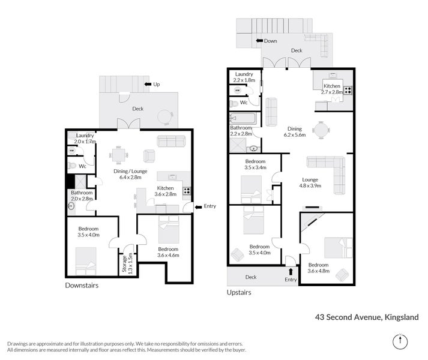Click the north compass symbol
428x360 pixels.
(x=400, y=341)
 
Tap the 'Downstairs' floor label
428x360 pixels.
(x=81, y=286)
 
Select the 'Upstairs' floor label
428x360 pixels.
(x=239, y=293)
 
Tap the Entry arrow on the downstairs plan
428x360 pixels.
(x=198, y=206)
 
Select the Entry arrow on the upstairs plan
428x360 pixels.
(x=291, y=271)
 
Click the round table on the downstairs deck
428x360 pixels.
(x=165, y=116)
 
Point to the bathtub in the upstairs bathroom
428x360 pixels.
(x=243, y=118)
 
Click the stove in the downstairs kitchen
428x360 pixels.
(x=187, y=191)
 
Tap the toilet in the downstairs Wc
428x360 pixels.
(x=72, y=166)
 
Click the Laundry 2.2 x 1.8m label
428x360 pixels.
(x=244, y=76)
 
